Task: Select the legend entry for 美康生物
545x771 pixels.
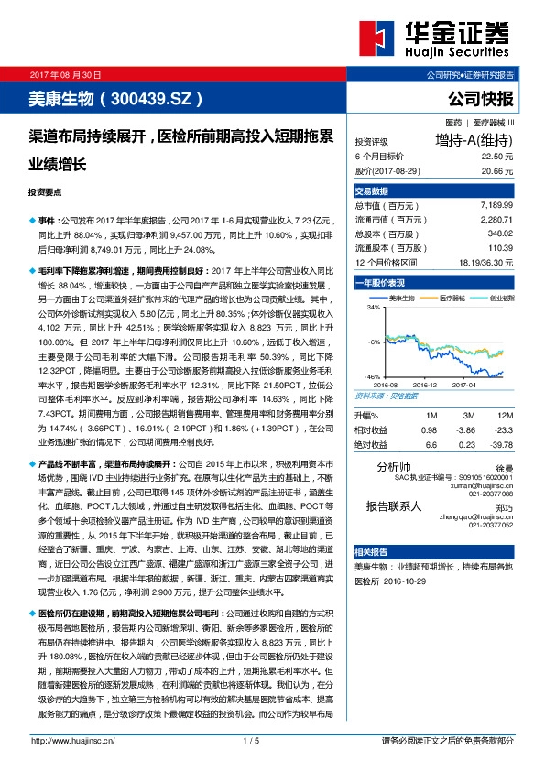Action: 401,299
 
